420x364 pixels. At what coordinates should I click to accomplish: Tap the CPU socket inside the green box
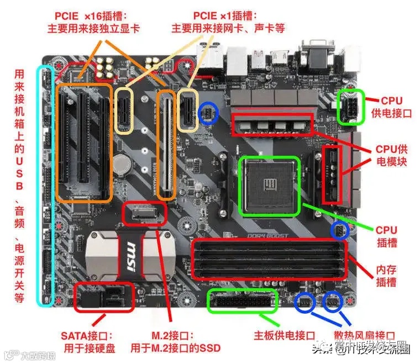(x=270, y=185)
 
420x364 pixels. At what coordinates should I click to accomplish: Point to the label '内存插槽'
(x=386, y=276)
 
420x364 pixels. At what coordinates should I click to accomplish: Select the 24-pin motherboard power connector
(x=242, y=300)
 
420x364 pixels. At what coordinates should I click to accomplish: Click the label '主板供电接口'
(x=284, y=336)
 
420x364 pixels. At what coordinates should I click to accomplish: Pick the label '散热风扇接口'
(x=365, y=336)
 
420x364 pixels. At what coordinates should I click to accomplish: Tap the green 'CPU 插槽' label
(x=386, y=236)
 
